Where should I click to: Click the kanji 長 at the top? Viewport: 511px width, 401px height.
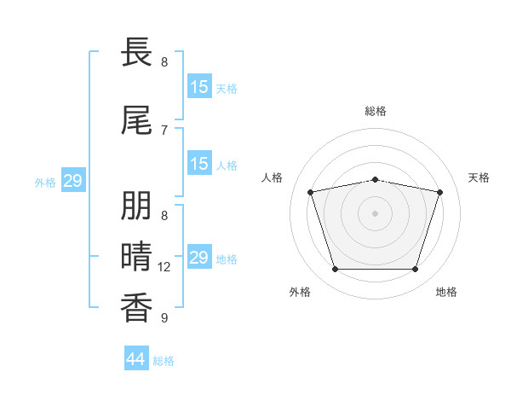click(x=136, y=51)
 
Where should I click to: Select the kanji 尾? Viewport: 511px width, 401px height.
click(x=136, y=119)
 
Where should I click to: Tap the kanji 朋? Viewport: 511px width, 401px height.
click(x=136, y=206)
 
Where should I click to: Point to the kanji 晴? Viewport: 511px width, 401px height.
click(x=136, y=256)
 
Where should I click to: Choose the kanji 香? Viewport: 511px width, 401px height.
click(x=136, y=308)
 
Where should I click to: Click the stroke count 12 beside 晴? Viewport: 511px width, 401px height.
click(x=164, y=267)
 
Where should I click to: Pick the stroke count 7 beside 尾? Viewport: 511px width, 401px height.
click(x=164, y=131)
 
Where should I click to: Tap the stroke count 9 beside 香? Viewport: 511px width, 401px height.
click(x=164, y=317)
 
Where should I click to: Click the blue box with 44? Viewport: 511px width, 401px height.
click(x=136, y=357)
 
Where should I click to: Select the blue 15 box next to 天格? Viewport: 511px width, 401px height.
click(x=200, y=86)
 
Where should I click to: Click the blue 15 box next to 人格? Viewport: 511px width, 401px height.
click(x=200, y=163)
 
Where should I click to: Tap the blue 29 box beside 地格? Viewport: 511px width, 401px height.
click(x=200, y=256)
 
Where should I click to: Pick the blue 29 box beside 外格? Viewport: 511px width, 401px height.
click(x=73, y=180)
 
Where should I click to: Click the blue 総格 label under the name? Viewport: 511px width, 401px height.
click(x=164, y=361)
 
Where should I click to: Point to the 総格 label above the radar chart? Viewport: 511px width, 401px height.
click(x=376, y=111)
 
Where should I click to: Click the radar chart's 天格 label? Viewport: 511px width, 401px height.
click(x=479, y=177)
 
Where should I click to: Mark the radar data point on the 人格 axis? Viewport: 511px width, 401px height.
click(x=311, y=192)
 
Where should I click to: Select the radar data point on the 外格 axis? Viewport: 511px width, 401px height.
click(x=336, y=269)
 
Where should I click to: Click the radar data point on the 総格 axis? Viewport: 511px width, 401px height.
click(x=376, y=180)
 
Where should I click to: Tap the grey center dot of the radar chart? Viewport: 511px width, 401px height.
click(x=375, y=213)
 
